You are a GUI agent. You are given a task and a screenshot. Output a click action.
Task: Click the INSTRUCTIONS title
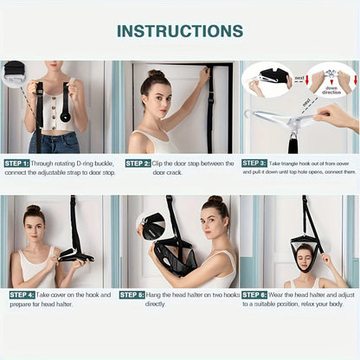180,31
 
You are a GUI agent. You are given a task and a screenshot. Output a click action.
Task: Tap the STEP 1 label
17,163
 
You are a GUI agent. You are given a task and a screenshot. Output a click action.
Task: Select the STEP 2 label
138,163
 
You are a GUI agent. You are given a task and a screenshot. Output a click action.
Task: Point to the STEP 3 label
254,163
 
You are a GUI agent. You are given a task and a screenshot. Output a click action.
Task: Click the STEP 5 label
132,294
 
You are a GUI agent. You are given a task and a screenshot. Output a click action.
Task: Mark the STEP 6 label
254,294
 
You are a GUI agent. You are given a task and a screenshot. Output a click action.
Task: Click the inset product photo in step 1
15,72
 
